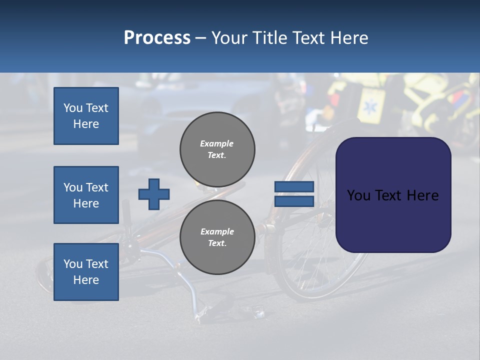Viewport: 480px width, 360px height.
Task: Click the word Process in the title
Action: click(157, 37)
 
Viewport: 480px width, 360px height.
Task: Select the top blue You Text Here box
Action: click(86, 116)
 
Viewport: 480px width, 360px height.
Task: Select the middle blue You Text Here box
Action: click(86, 195)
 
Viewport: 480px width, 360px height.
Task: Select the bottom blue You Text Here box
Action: click(86, 272)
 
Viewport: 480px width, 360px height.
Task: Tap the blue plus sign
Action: click(154, 194)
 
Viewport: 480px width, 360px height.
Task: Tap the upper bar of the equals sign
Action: click(294, 186)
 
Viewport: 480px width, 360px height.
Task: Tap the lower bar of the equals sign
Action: click(294, 201)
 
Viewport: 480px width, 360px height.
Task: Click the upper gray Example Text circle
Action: click(217, 149)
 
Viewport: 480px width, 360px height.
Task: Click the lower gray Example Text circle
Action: click(217, 237)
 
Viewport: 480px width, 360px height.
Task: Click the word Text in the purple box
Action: click(392, 195)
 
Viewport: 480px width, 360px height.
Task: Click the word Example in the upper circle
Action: click(217, 143)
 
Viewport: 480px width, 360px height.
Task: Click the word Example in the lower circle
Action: click(217, 231)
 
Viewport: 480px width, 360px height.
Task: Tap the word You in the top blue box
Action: click(72, 108)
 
